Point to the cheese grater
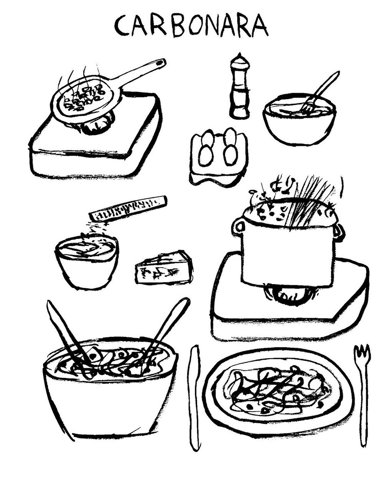pyautogui.click(x=128, y=208)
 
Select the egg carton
pyautogui.click(x=219, y=157)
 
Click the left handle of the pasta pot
pyautogui.click(x=239, y=226)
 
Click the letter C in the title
pyautogui.click(x=122, y=26)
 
